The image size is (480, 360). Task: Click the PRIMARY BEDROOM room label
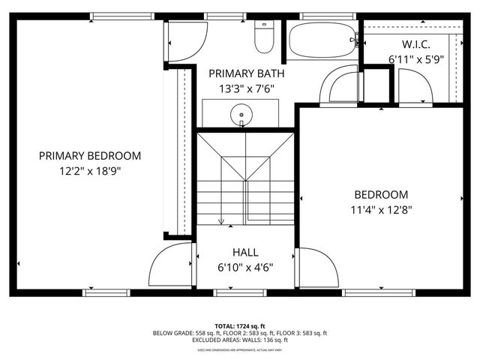click(90, 156)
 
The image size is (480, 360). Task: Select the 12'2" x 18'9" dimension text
click(90, 170)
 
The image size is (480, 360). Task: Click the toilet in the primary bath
click(264, 38)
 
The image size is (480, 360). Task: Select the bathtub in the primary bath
click(321, 41)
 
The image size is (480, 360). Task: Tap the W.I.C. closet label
click(415, 43)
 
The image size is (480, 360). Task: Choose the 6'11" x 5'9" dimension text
click(415, 58)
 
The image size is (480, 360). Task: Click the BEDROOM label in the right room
click(381, 194)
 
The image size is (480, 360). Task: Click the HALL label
click(245, 253)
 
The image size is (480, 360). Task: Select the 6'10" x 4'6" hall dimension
click(245, 267)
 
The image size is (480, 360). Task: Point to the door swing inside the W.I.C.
click(414, 86)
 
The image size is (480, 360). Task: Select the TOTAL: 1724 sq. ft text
click(240, 325)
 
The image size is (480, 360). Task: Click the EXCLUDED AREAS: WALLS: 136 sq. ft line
click(240, 340)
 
